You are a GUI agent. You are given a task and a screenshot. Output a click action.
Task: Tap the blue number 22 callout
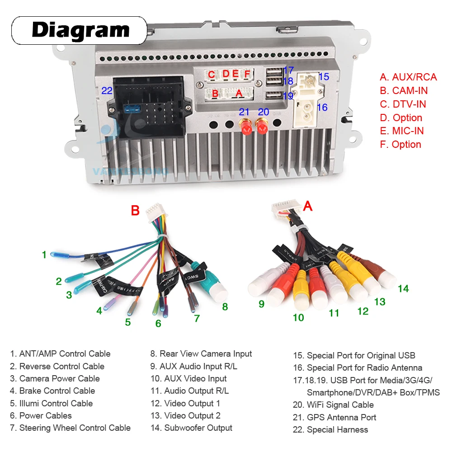[107, 90]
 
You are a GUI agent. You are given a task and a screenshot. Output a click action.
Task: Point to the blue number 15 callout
[324, 76]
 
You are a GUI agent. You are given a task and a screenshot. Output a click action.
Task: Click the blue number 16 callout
[322, 108]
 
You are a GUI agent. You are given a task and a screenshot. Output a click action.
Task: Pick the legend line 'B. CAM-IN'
[404, 90]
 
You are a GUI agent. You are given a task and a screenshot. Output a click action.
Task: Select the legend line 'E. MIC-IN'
[402, 131]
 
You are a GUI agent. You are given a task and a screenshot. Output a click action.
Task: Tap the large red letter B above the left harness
[135, 211]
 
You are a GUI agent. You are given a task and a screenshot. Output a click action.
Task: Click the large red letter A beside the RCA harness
[308, 206]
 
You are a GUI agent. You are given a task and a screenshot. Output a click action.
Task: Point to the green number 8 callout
[225, 307]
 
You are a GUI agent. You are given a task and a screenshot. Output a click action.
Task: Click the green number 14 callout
[403, 288]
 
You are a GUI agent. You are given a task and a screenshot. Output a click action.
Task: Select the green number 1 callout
[44, 255]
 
